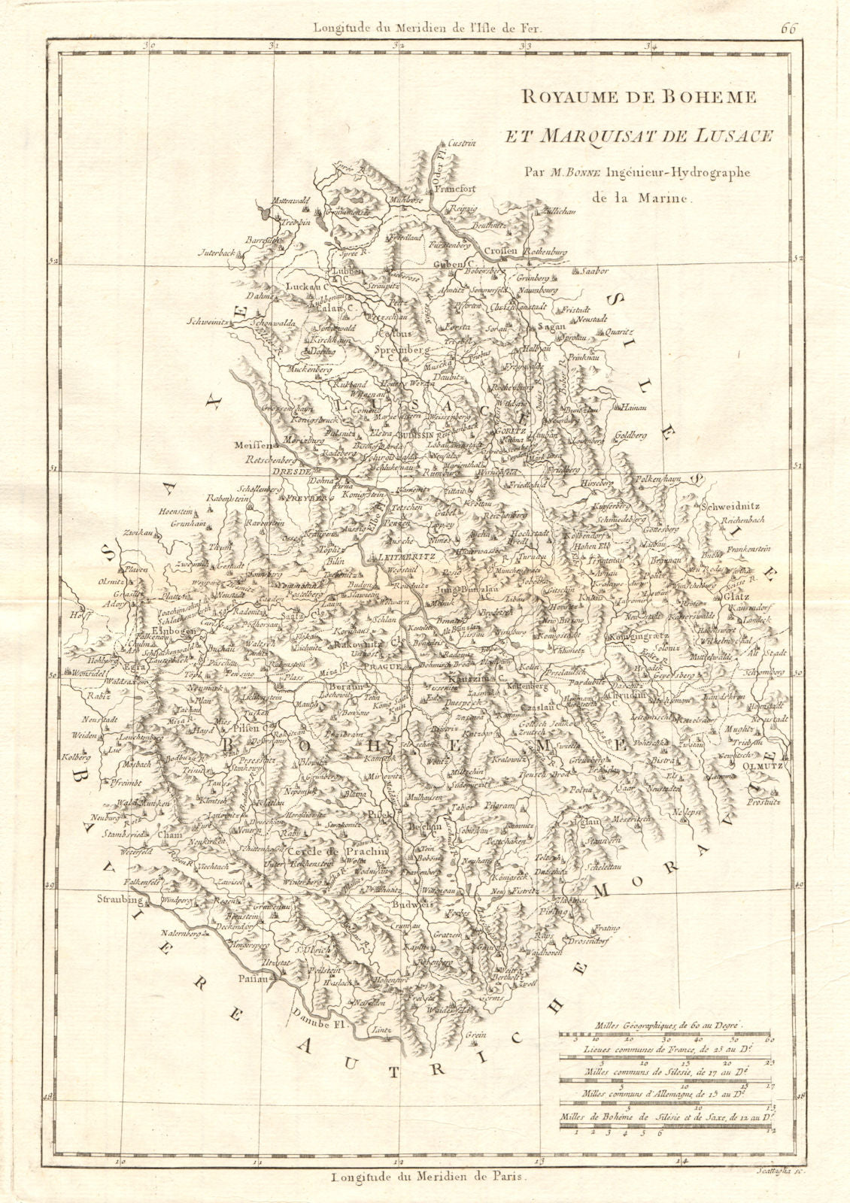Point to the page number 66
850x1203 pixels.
(788, 9)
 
